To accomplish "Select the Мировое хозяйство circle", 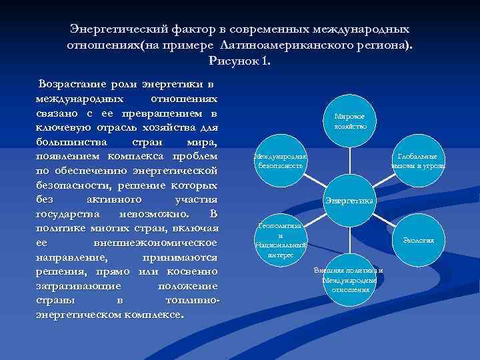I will (x=350, y=121).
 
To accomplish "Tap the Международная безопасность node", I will (x=280, y=160).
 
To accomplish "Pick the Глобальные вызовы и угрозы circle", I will (x=419, y=160).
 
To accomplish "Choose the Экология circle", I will (x=419, y=240).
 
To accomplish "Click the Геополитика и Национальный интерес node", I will (x=280, y=240).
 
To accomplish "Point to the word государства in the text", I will (x=69, y=214).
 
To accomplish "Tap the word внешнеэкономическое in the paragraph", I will (x=157, y=243).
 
